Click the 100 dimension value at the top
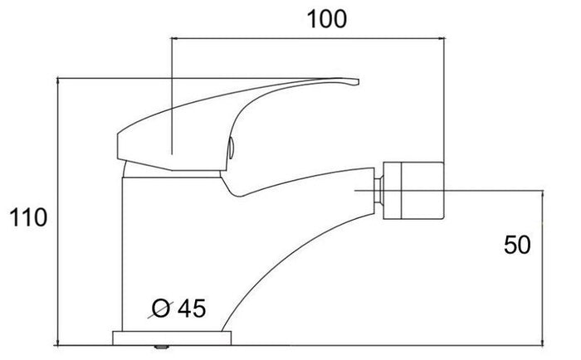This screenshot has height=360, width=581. pos(326,19)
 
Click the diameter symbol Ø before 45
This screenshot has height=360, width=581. pos(163,309)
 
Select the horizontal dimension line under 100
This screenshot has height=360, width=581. pos(307,38)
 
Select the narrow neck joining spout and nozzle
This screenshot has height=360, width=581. pos(378,192)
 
